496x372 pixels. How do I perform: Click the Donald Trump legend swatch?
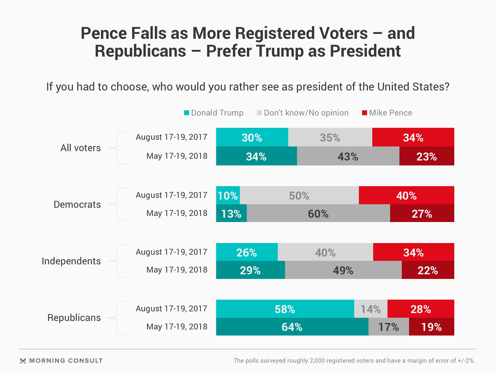(187, 113)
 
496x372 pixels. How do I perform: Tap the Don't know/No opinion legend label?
(306, 113)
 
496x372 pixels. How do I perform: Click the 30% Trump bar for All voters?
(252, 137)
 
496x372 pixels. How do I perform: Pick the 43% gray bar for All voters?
(348, 156)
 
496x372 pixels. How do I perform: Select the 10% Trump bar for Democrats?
(228, 195)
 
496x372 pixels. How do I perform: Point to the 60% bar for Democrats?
(318, 214)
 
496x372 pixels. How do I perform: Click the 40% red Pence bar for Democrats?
(406, 195)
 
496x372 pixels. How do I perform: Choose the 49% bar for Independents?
(343, 270)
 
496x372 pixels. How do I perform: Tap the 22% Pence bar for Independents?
(428, 270)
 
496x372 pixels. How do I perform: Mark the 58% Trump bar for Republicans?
(285, 309)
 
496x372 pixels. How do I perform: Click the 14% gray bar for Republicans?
(371, 309)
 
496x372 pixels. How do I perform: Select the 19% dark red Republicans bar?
(432, 327)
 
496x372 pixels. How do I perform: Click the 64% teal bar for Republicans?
(292, 327)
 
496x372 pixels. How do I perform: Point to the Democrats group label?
(77, 205)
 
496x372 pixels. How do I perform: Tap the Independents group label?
(71, 261)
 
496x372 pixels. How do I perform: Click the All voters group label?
(81, 148)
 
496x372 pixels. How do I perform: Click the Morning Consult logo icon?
(23, 361)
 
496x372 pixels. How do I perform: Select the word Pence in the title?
(104, 33)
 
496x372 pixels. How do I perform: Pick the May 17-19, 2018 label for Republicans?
(177, 326)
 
